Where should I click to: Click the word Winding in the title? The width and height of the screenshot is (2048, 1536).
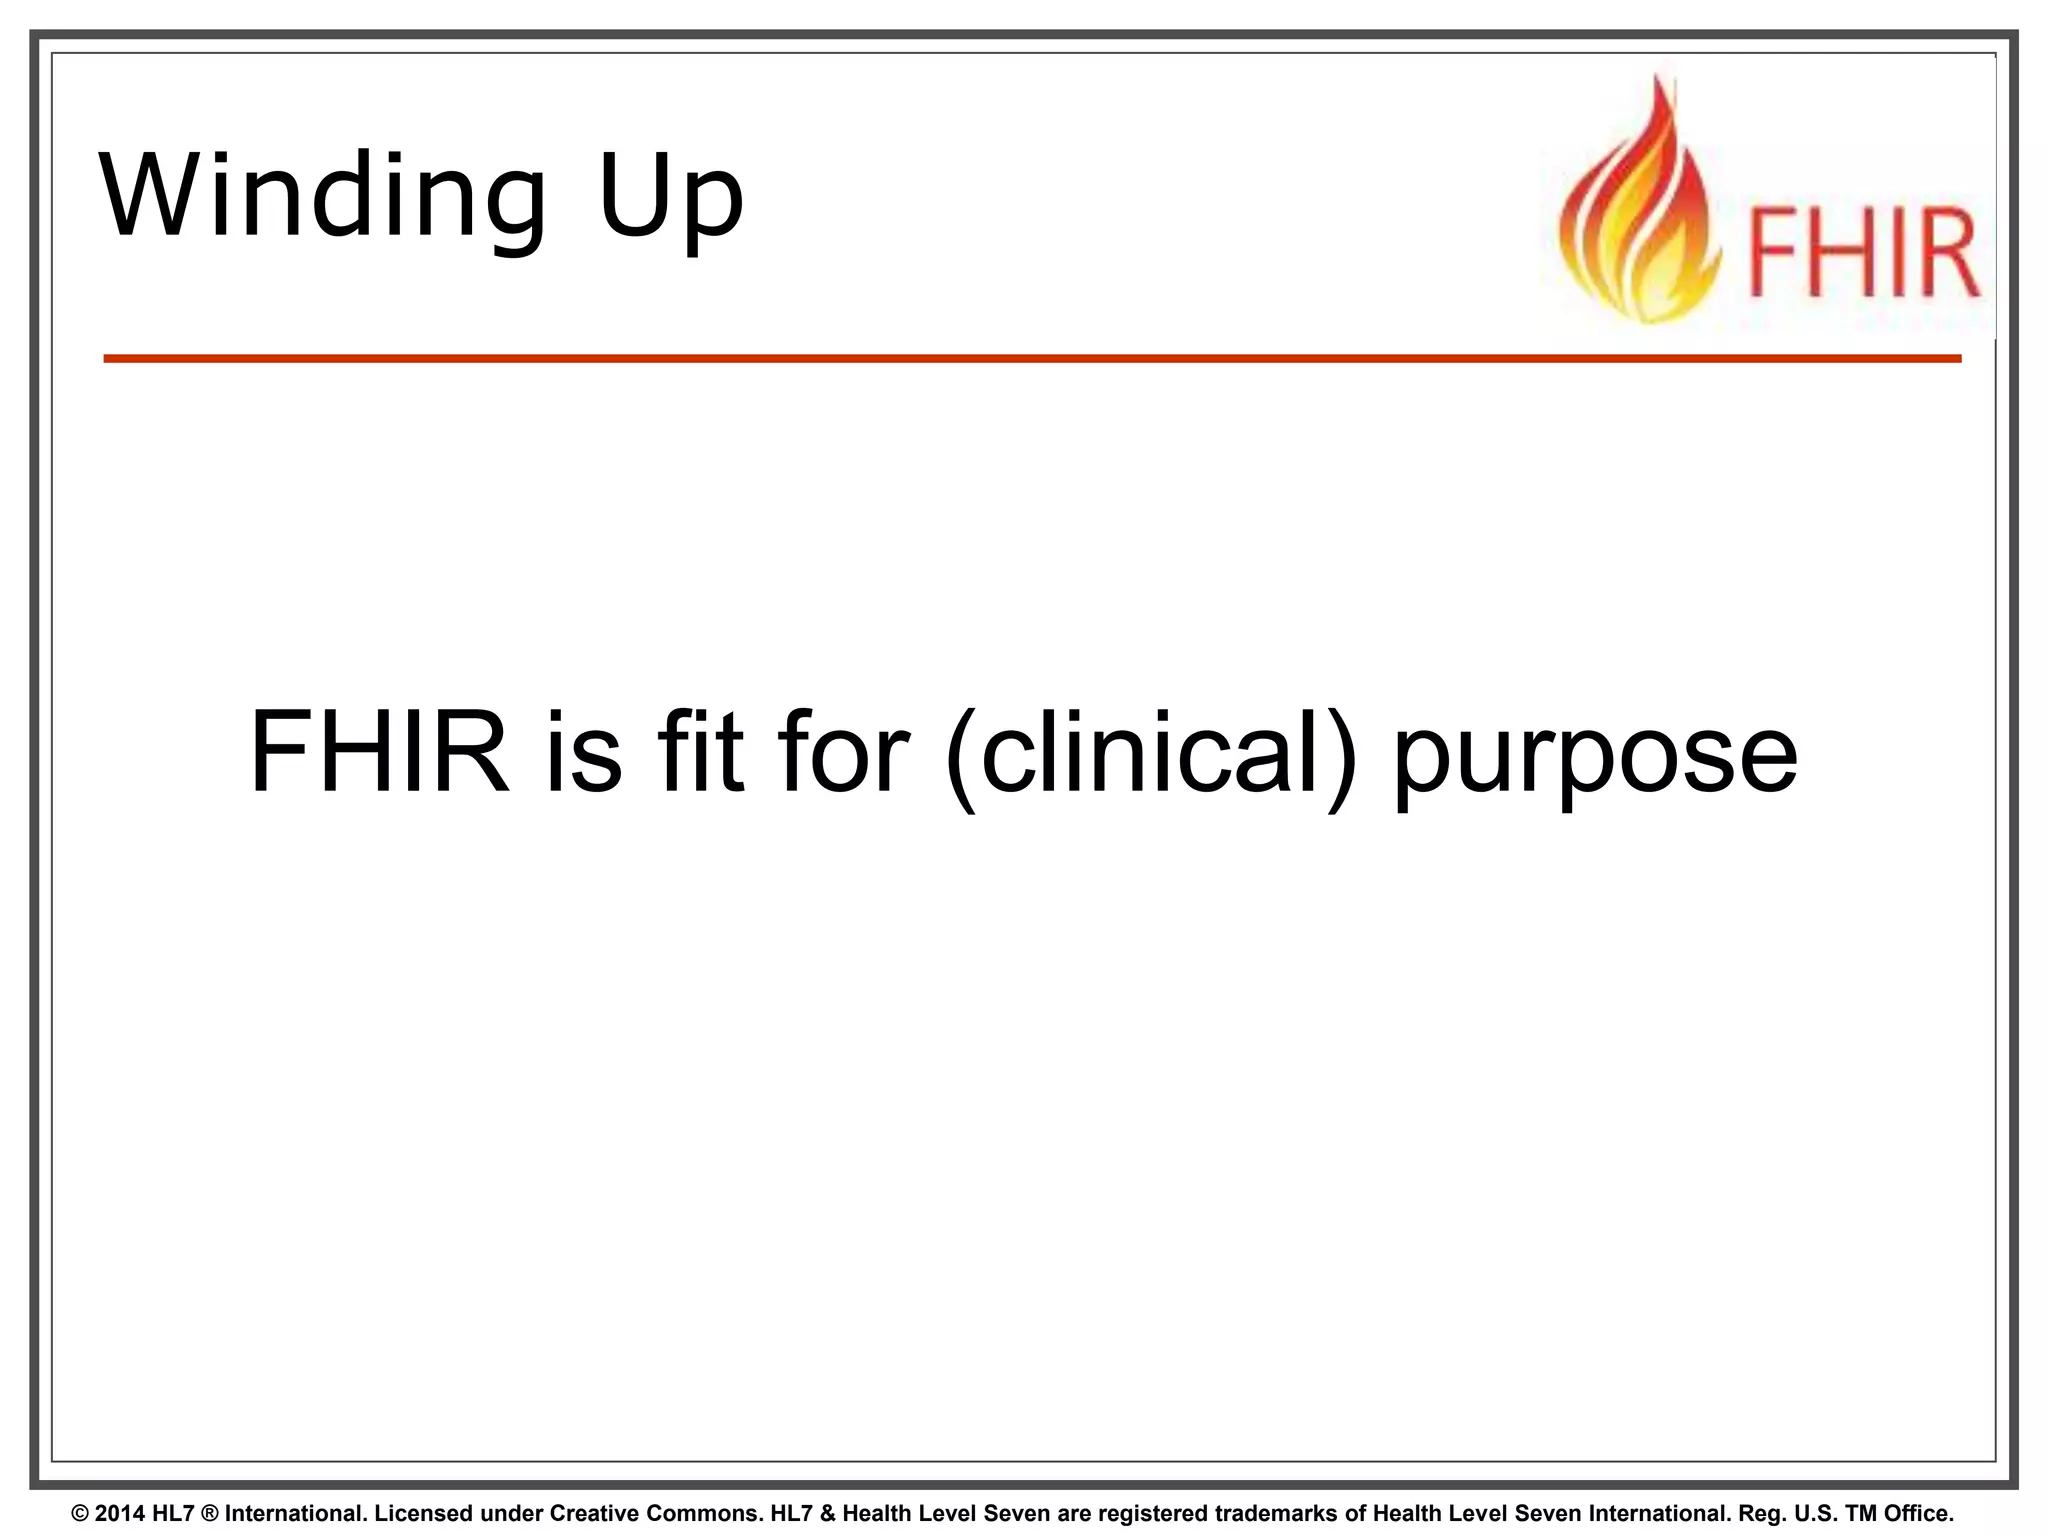tap(322, 196)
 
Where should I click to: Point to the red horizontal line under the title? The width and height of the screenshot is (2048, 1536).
tap(1030, 358)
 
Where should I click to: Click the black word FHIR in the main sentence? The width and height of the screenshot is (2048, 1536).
tap(379, 752)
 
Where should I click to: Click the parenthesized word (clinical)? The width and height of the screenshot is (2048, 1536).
tap(1150, 754)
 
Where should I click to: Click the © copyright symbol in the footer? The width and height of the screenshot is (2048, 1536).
tap(81, 1513)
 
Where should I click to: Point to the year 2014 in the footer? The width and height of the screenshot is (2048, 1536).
tap(120, 1513)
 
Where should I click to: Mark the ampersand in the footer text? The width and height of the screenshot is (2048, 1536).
tap(827, 1513)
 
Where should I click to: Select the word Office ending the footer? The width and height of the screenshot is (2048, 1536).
tap(1916, 1513)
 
